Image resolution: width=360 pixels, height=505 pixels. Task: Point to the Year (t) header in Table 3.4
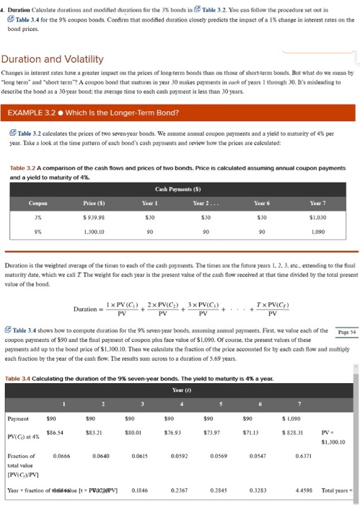click(x=181, y=390)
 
